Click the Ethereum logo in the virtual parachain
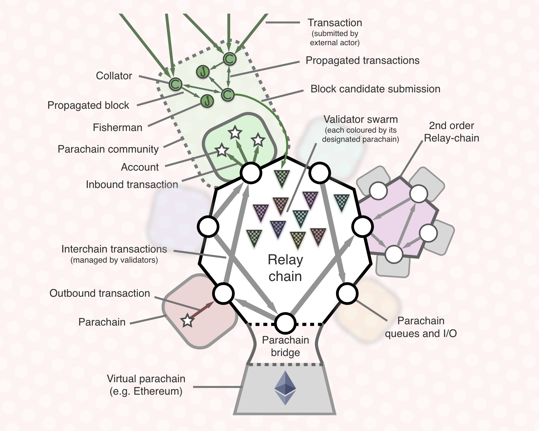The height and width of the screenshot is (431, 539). tap(285, 388)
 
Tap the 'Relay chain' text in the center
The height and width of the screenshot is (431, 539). tap(285, 268)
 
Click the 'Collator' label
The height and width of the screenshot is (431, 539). tap(114, 76)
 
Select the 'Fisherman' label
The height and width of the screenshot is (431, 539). tap(117, 127)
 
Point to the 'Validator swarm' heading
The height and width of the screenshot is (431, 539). tap(361, 119)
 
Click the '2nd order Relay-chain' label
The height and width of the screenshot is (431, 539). tap(451, 132)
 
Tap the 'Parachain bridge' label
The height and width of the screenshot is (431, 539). tap(285, 346)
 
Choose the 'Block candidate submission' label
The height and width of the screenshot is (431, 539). tap(375, 89)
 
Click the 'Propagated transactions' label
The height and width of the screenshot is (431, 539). tap(362, 60)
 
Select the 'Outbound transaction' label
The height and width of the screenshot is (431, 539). tap(100, 293)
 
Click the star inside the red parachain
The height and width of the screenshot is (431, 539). tap(188, 321)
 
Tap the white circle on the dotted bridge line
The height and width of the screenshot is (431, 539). tap(285, 323)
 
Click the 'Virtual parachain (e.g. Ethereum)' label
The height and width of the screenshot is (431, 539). tap(146, 385)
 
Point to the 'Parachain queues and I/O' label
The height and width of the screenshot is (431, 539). tap(421, 327)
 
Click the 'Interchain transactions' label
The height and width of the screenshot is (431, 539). tap(114, 249)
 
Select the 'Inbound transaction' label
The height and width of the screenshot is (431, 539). tap(132, 184)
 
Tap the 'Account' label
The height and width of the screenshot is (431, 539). tap(140, 167)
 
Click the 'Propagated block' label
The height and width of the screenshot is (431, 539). tap(88, 105)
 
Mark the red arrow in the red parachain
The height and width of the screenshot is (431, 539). tap(202, 310)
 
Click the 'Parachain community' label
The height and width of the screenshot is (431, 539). tap(108, 149)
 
